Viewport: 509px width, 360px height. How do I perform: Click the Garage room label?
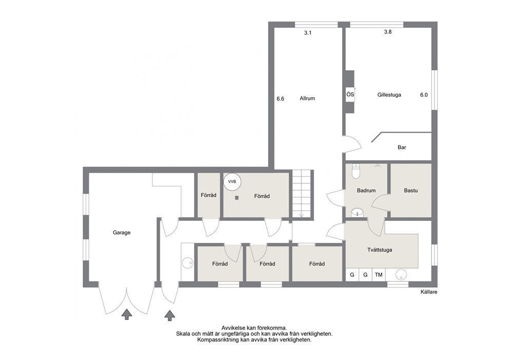click(122, 233)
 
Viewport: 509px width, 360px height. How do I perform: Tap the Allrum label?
click(307, 99)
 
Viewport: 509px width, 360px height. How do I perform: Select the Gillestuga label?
click(389, 95)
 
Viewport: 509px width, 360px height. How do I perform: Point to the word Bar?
click(402, 147)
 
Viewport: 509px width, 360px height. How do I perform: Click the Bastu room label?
click(410, 191)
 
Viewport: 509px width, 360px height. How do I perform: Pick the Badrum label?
click(366, 191)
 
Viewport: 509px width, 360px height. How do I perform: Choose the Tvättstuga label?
click(380, 250)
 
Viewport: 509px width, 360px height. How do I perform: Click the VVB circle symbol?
click(232, 182)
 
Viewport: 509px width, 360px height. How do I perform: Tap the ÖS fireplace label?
click(350, 94)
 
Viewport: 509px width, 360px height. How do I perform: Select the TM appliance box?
click(379, 275)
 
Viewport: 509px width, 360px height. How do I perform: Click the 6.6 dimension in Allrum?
click(281, 99)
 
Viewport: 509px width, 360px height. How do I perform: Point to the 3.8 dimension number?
click(387, 32)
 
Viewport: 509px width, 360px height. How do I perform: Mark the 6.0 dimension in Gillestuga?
click(424, 95)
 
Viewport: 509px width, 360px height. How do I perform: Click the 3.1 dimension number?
click(308, 33)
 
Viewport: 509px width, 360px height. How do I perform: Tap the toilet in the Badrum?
click(356, 171)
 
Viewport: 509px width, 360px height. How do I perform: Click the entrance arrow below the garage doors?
click(127, 314)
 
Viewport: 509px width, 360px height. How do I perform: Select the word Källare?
click(429, 292)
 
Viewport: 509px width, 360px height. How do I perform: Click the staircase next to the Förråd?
click(302, 194)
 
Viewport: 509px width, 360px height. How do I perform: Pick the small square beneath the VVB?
click(237, 198)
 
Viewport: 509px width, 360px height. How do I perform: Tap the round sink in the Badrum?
click(357, 213)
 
